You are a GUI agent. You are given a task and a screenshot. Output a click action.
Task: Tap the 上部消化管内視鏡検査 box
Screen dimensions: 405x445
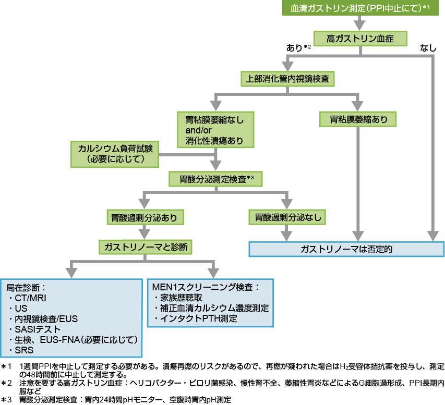[287, 79]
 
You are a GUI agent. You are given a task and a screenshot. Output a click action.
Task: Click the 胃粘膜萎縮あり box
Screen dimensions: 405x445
[358, 119]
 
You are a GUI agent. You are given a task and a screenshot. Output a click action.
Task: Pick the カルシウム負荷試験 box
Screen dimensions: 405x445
[115, 153]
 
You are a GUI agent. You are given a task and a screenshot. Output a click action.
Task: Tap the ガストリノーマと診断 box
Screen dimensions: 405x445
[144, 246]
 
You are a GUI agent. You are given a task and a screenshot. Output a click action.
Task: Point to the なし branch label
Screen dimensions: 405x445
[428, 48]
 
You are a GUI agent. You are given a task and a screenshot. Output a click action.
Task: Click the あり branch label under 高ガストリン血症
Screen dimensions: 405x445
[295, 48]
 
